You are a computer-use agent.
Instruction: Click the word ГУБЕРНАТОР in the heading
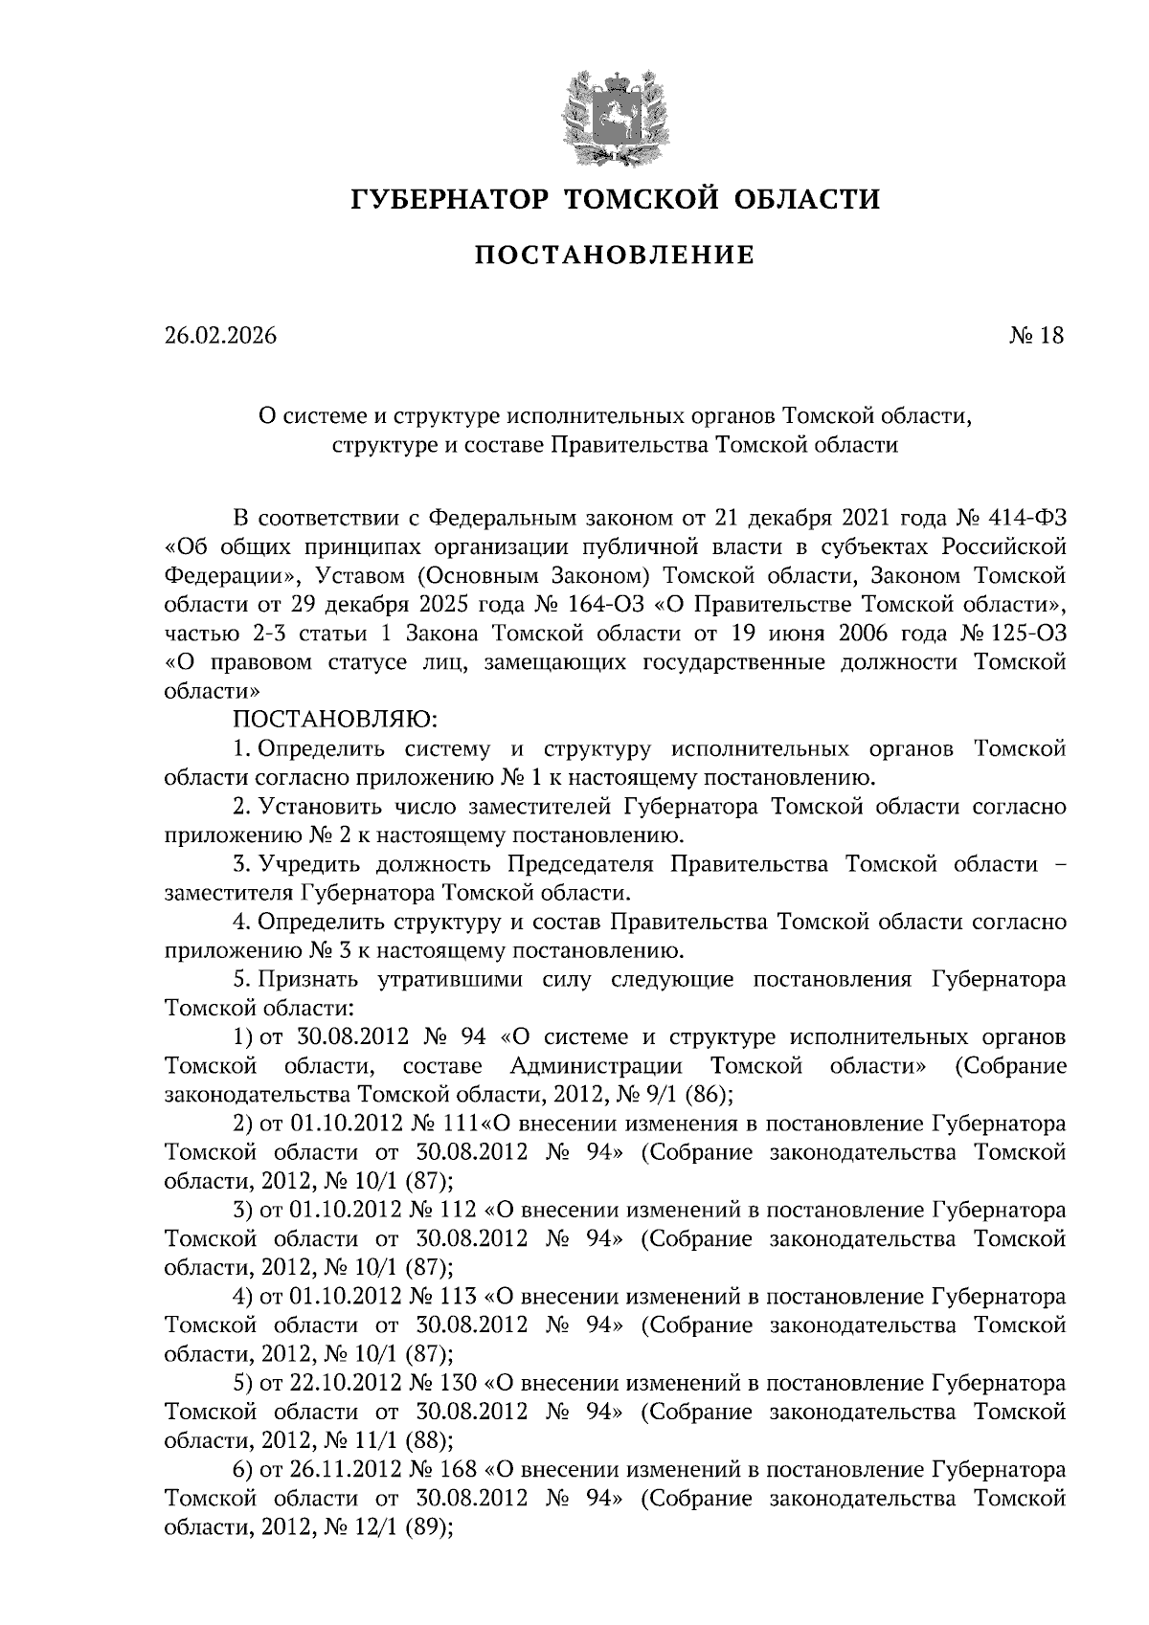coord(450,200)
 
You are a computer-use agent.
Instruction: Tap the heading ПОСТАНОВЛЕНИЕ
coord(616,256)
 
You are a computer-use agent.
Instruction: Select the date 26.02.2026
coord(220,336)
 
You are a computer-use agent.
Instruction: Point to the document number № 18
coord(1037,336)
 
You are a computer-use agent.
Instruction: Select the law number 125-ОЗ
coord(1031,634)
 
